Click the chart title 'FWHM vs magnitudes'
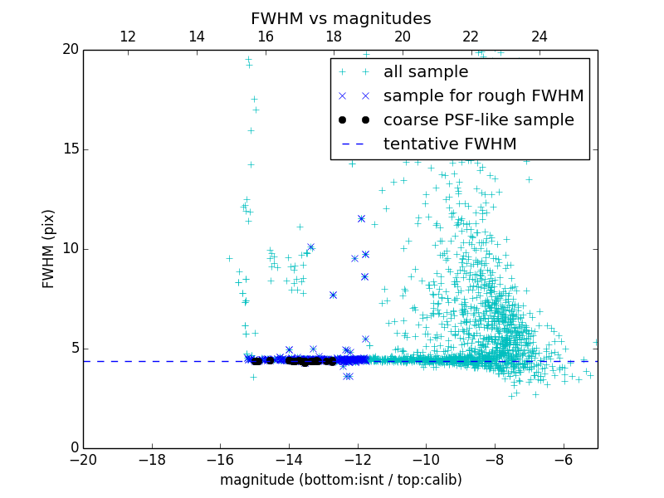tap(340, 18)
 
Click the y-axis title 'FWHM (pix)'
tap(49, 249)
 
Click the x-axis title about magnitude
tap(340, 480)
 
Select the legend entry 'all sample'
tap(425, 72)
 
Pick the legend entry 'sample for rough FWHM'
tap(483, 96)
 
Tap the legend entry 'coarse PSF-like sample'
tap(478, 120)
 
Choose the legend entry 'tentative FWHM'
tap(449, 144)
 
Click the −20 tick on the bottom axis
tap(84, 459)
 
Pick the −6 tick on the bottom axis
tap(564, 459)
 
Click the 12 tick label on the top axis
tap(128, 37)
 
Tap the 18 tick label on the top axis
tap(334, 37)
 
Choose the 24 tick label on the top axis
tap(539, 37)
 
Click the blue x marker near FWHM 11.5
tap(361, 218)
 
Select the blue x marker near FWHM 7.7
tap(333, 295)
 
